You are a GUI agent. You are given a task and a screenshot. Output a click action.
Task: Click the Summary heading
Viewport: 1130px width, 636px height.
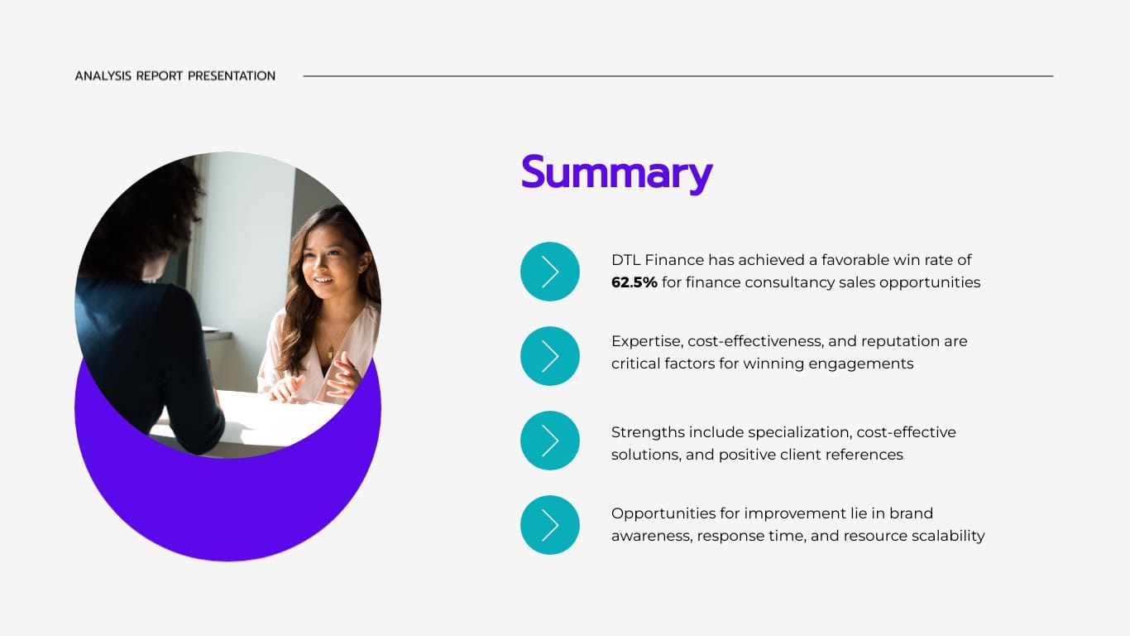click(x=616, y=173)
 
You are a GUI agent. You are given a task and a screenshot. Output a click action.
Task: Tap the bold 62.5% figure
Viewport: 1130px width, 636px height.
click(x=634, y=282)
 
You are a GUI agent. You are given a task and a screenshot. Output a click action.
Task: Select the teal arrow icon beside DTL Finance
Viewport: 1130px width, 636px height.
click(x=550, y=272)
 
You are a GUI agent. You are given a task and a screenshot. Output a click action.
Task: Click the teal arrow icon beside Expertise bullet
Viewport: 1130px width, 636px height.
click(x=550, y=356)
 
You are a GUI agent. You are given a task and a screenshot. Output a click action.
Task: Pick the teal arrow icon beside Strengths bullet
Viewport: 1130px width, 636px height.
click(x=550, y=441)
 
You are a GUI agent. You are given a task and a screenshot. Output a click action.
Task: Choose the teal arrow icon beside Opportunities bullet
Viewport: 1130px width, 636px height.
click(x=550, y=525)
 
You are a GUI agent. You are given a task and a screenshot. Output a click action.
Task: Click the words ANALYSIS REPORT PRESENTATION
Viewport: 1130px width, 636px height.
click(x=175, y=76)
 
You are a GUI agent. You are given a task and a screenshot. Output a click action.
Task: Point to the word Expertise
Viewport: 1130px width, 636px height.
click(x=646, y=341)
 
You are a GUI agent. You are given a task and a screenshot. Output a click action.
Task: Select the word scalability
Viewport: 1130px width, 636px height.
click(x=944, y=536)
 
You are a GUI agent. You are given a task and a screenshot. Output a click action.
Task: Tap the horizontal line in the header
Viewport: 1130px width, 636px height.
click(x=678, y=76)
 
